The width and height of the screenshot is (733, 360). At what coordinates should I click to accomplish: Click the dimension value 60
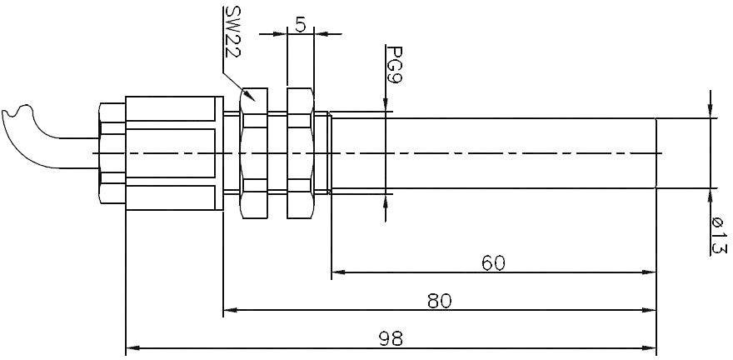click(x=493, y=263)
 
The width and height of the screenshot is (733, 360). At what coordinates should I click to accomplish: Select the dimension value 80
click(x=439, y=301)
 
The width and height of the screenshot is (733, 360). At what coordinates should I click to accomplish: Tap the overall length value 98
click(x=391, y=338)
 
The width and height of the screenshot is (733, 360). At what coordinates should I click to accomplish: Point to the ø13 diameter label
click(x=717, y=236)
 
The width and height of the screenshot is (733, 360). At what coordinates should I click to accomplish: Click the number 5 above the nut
click(x=300, y=24)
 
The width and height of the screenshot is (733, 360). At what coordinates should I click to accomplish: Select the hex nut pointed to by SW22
click(x=253, y=153)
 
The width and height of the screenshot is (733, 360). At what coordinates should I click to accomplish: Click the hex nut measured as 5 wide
click(x=300, y=153)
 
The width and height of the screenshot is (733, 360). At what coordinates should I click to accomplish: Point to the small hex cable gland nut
click(x=111, y=153)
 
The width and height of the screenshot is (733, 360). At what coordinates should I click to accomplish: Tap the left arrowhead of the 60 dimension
click(x=338, y=272)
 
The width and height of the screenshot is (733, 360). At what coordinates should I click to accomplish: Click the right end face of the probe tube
click(x=656, y=153)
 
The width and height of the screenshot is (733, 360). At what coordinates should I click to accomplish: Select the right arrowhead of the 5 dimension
click(x=321, y=34)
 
